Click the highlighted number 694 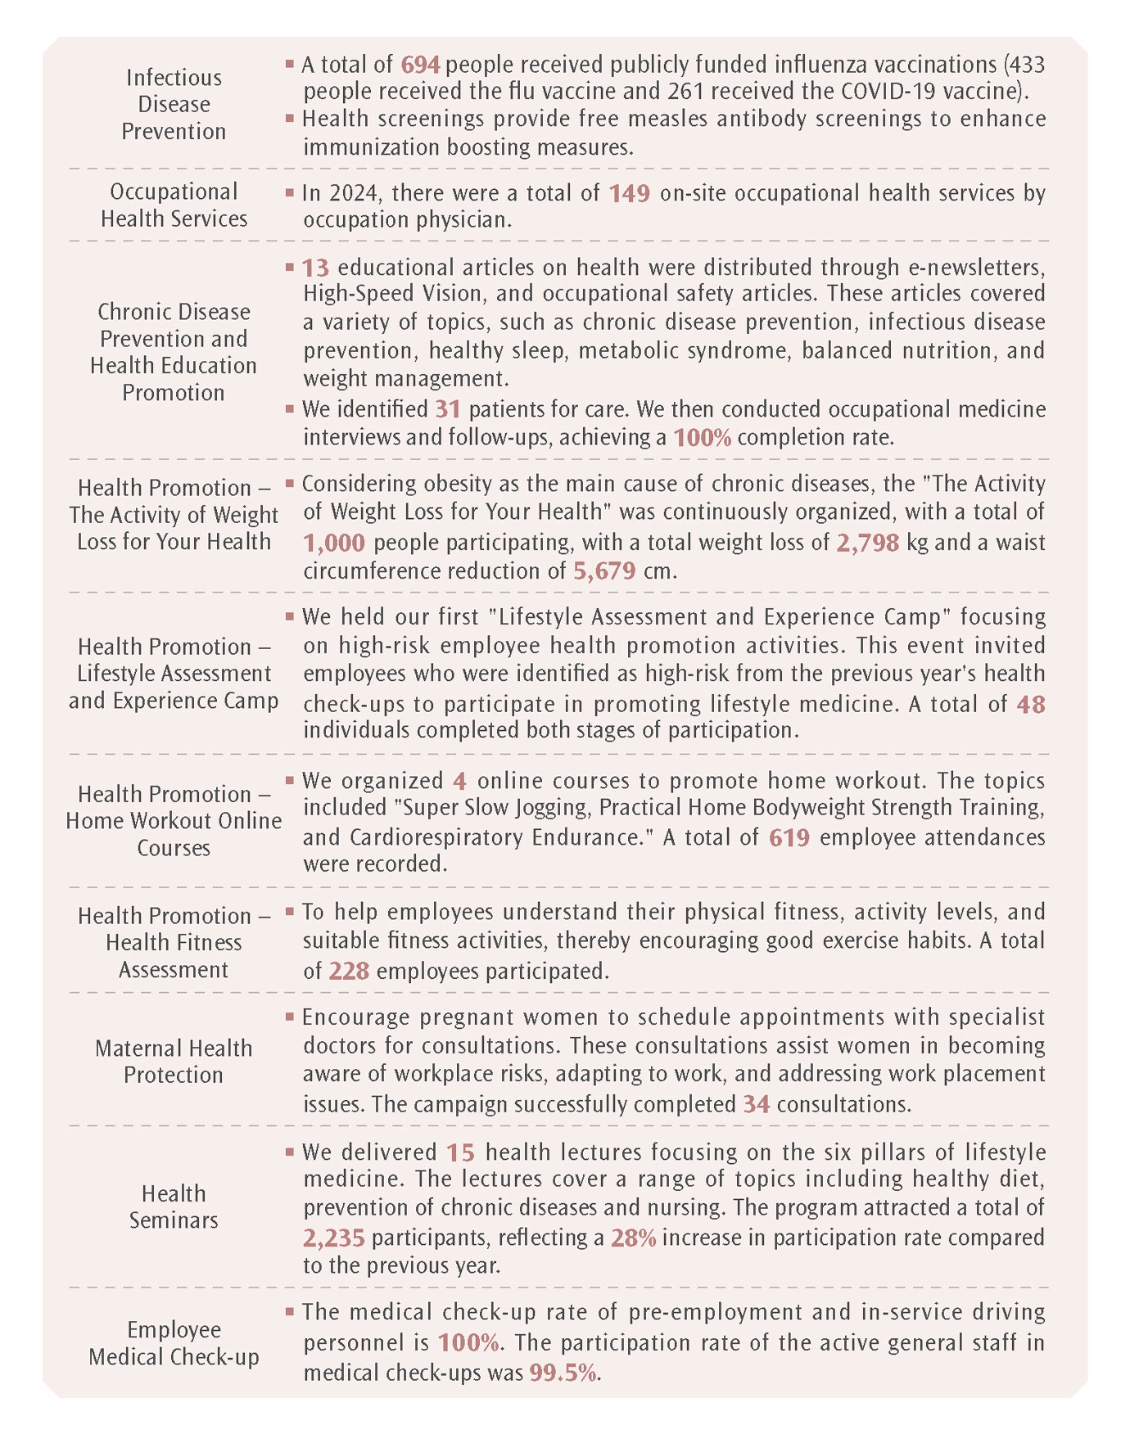coord(420,65)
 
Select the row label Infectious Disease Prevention coord(174,104)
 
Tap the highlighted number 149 coord(629,193)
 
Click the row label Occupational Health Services coord(174,205)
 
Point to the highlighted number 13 coord(315,268)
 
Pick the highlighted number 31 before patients coord(448,409)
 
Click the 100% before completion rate coord(702,437)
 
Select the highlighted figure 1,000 coord(334,543)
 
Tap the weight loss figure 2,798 coord(867,543)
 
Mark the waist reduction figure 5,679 coord(604,570)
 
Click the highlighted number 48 coord(1030,705)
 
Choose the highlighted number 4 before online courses coord(459,782)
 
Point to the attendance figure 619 coord(789,837)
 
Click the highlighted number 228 coord(349,972)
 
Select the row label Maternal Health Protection coord(174,1062)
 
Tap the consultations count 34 coord(756,1105)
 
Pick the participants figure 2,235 coord(334,1238)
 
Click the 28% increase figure coord(633,1238)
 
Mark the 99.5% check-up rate coord(563,1373)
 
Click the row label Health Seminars coord(174,1206)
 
